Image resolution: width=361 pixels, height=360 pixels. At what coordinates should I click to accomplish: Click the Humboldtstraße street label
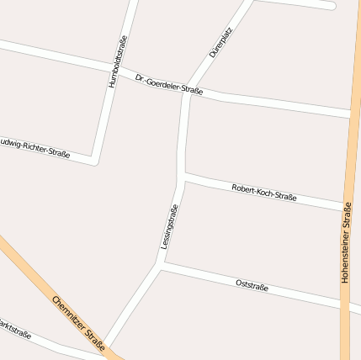119,61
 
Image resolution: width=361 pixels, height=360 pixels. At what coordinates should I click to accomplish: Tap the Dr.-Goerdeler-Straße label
169,84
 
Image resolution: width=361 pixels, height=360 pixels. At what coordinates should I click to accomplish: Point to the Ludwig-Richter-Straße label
34,146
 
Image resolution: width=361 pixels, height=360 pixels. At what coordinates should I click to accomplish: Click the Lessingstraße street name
169,226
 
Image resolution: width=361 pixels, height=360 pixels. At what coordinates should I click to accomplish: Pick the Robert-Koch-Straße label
263,193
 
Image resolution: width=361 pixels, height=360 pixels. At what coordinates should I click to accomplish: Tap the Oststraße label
252,286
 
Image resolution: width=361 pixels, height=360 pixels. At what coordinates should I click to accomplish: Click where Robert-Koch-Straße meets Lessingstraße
183,177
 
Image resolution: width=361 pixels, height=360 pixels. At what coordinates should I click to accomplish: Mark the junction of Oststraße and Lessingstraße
161,267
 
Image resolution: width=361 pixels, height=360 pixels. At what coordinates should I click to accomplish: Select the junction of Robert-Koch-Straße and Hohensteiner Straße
346,207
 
